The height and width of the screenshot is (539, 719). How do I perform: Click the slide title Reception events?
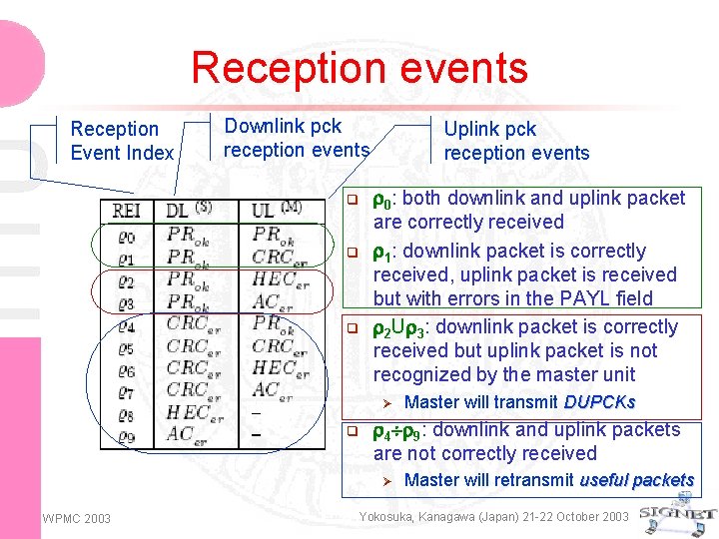359,68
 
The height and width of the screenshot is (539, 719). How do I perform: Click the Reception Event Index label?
121,141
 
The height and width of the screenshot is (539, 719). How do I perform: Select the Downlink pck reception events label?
297,138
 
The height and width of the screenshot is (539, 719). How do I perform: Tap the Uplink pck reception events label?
516,141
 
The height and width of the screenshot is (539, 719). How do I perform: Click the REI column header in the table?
127,211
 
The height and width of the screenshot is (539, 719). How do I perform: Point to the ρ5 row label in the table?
125,348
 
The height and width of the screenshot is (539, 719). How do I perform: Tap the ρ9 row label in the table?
125,435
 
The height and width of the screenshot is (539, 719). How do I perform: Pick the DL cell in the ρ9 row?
181,435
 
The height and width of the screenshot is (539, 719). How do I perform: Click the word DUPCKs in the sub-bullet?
599,402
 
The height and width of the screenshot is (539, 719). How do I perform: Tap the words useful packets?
636,480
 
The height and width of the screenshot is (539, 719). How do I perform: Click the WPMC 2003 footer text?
77,517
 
